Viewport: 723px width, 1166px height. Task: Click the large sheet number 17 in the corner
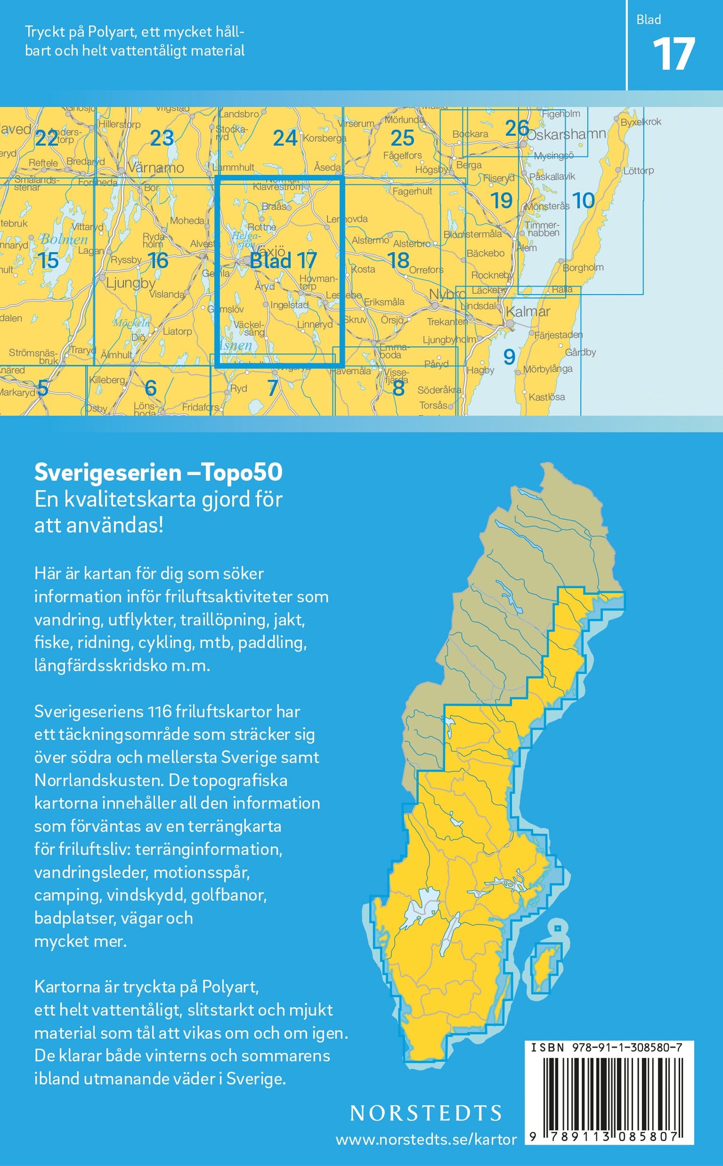673,55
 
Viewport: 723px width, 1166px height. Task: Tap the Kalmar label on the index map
528,312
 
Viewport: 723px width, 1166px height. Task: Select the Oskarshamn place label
566,134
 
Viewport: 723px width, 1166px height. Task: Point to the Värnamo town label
156,168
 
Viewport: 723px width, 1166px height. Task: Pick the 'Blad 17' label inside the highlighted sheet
283,261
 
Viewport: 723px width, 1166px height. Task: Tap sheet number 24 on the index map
285,138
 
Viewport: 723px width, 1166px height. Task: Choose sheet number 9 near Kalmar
509,357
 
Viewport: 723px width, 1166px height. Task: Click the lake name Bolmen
64,239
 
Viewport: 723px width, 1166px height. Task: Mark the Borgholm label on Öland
583,268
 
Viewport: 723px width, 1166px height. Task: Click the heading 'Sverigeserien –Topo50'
158,473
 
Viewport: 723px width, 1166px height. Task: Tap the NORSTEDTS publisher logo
426,1113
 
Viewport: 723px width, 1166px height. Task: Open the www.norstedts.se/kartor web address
426,1139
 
